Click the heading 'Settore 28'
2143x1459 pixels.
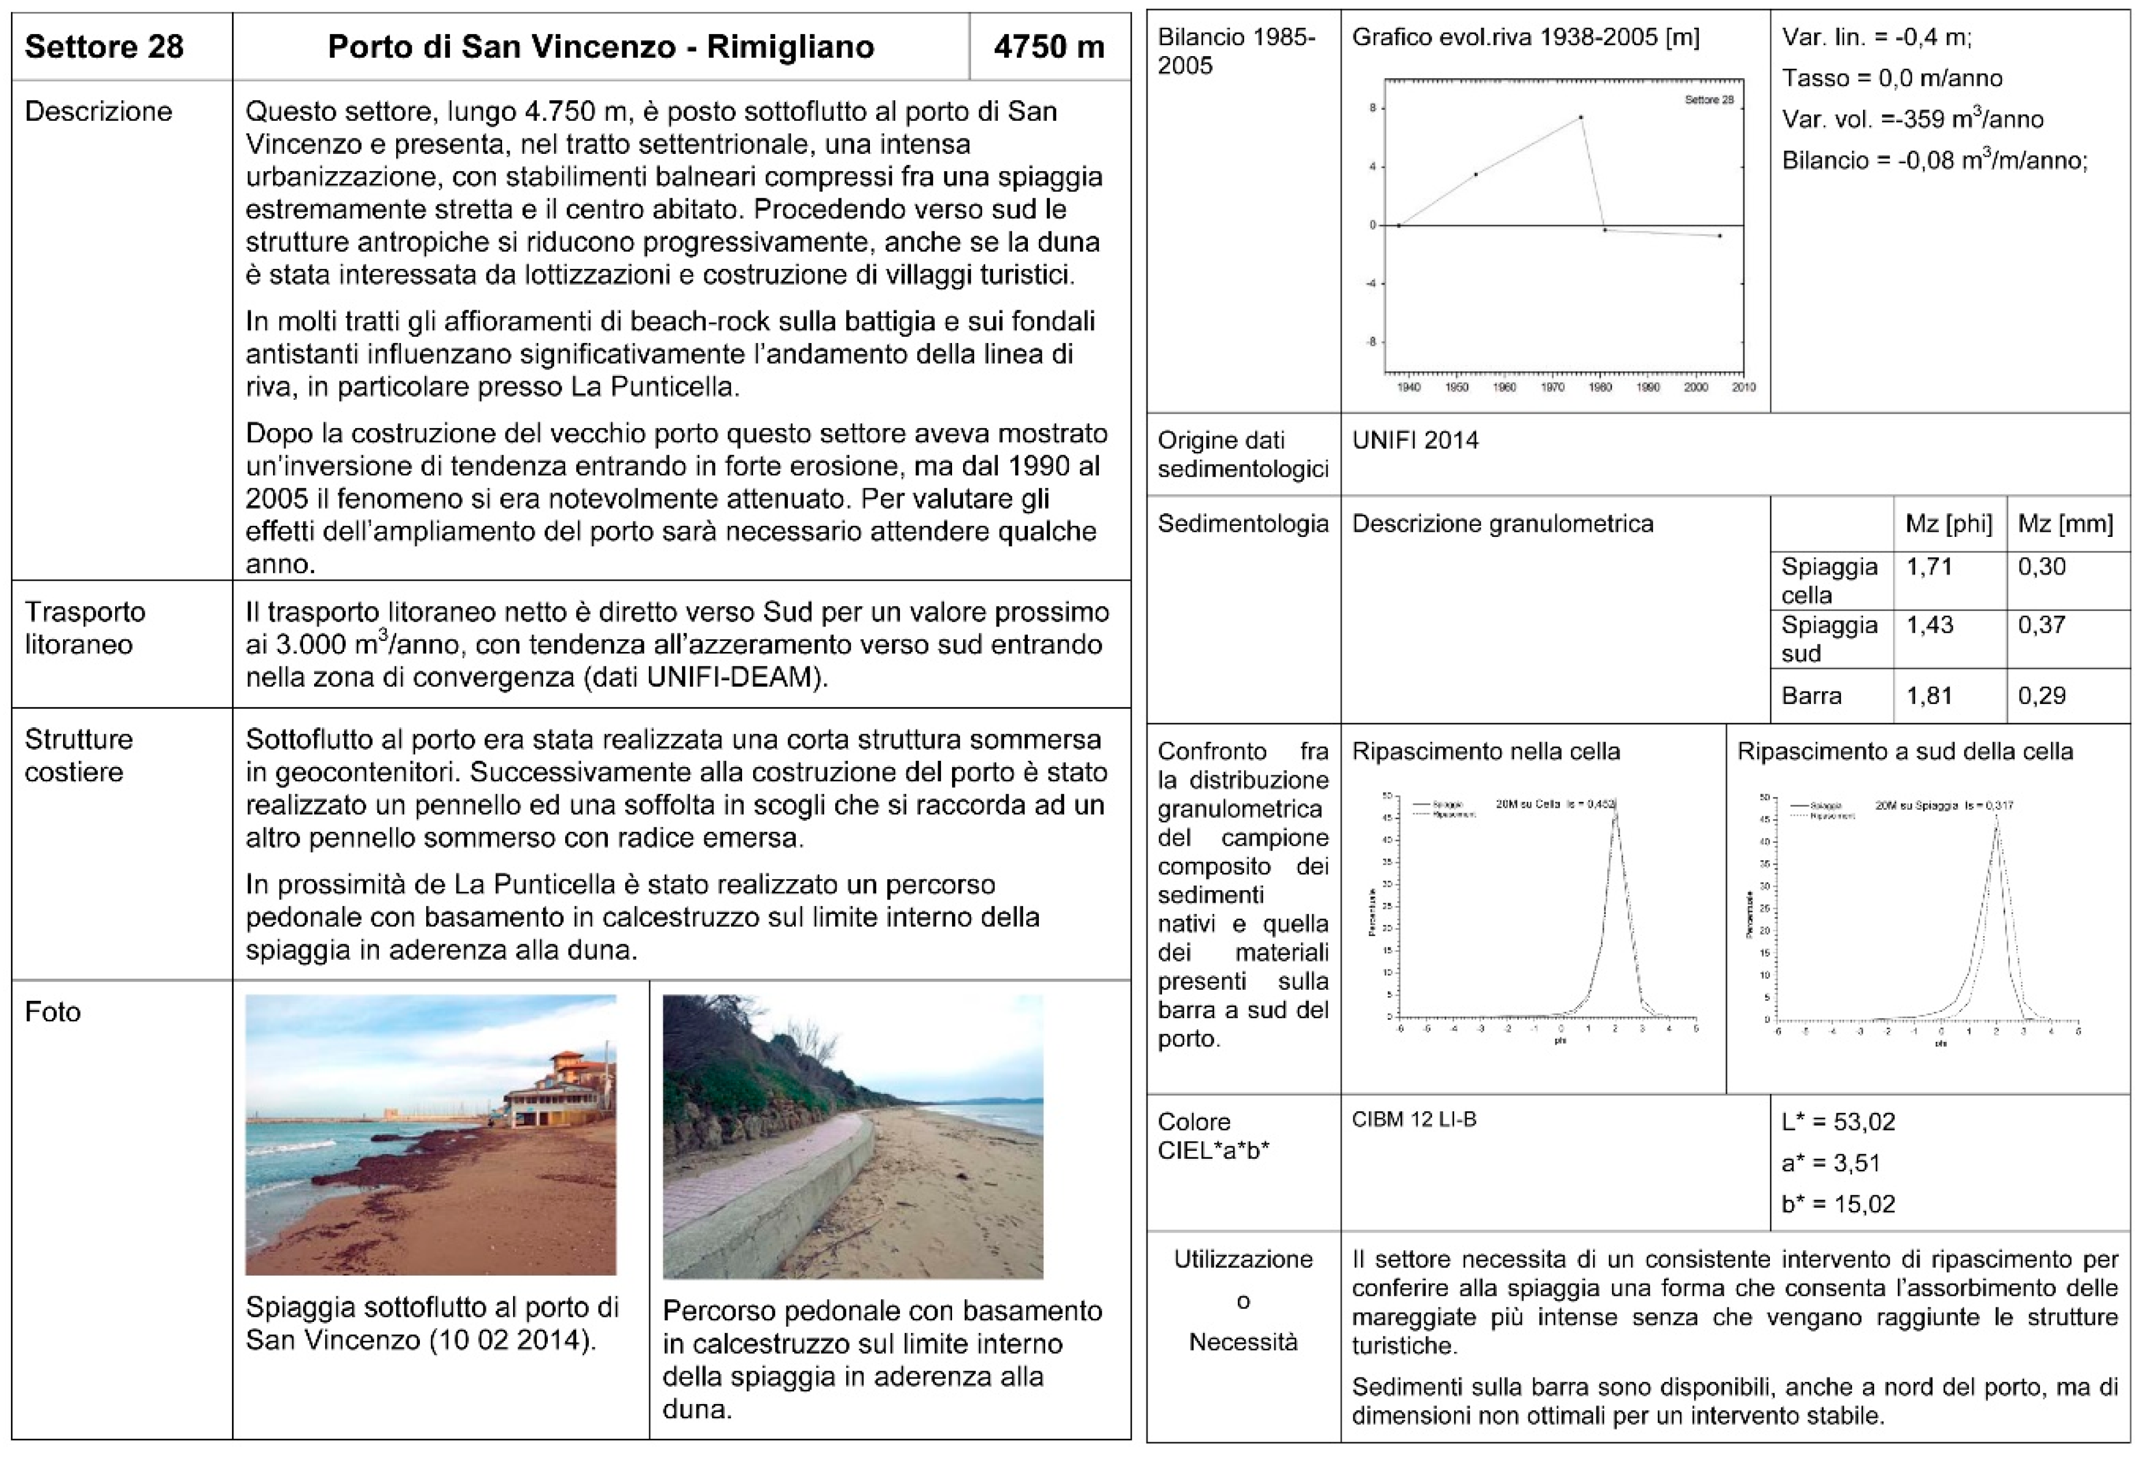(104, 46)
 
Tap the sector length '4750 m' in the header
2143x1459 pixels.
(1049, 46)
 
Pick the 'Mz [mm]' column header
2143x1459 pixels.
(2065, 524)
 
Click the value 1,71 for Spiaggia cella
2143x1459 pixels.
(1929, 566)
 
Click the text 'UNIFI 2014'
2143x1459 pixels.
(1415, 440)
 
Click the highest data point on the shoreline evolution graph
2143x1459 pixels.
(1581, 117)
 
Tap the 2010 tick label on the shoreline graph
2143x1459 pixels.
(1743, 388)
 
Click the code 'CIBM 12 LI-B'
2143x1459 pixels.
(1414, 1119)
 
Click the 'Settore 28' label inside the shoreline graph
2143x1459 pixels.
(1709, 100)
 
